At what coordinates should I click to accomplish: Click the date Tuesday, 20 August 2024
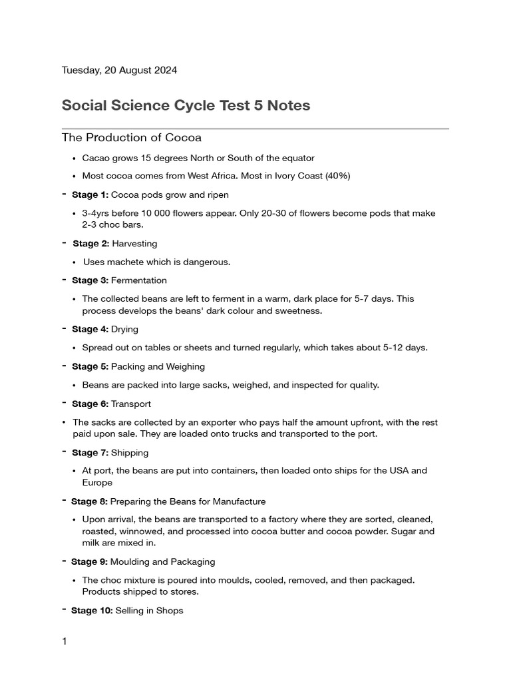119,70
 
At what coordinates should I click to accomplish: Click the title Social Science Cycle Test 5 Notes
186,105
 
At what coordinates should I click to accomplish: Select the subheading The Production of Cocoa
131,138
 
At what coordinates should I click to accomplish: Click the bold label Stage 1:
90,194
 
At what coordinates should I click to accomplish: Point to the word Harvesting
134,243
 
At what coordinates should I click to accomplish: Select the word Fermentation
139,280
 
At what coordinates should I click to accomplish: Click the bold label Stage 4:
90,329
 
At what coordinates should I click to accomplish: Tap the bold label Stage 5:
90,366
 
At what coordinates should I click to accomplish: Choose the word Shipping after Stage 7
130,452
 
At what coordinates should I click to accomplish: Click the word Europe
97,482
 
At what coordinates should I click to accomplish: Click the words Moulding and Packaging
163,561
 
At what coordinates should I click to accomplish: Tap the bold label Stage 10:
92,610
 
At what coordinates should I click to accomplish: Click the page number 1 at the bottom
65,641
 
